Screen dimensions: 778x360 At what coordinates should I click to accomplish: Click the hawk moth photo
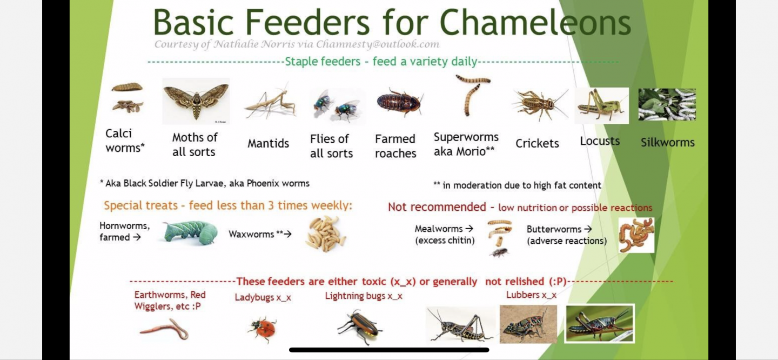(196, 101)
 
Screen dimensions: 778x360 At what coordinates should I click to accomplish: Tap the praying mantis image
(270, 102)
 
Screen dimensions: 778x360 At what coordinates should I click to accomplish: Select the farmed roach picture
(400, 103)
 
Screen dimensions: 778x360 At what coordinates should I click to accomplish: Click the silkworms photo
(667, 105)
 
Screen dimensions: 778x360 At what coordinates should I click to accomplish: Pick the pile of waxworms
(326, 233)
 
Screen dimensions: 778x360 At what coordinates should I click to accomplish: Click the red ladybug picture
(263, 329)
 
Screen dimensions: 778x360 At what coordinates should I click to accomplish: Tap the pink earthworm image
(165, 329)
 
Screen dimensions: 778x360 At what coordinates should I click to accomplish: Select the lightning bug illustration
(359, 327)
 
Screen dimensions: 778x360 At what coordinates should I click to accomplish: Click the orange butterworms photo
(636, 235)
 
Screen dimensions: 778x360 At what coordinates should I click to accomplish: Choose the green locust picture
(601, 105)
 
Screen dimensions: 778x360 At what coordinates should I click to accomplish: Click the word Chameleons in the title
(535, 22)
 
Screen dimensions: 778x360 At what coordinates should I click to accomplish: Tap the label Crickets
(537, 143)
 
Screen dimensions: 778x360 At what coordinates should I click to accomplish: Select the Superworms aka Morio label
(466, 144)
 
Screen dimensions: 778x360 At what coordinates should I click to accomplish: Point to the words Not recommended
(437, 206)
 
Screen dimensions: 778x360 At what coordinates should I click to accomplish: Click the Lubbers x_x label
(531, 295)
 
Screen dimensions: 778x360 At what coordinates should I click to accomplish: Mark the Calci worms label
(125, 141)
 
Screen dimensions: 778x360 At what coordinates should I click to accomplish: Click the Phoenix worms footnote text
(205, 183)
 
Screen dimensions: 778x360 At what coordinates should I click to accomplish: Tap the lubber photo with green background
(600, 323)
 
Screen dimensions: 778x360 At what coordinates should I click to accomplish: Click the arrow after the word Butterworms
(588, 229)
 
